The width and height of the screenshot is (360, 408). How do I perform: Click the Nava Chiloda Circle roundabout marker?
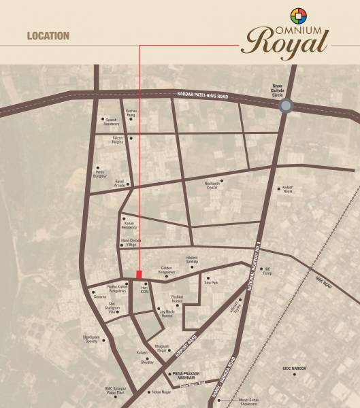pyautogui.click(x=287, y=105)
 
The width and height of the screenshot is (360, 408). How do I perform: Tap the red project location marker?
pyautogui.click(x=140, y=274)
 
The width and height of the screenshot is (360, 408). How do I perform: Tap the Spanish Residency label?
pyautogui.click(x=110, y=122)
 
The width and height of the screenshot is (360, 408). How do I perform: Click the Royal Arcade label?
pyautogui.click(x=120, y=182)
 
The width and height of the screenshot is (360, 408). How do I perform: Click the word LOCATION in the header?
pyautogui.click(x=48, y=35)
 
